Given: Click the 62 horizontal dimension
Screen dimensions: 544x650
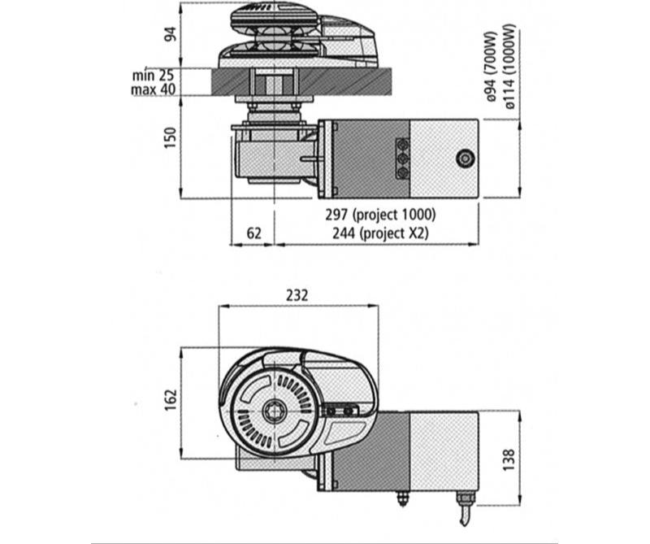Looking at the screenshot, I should click(x=253, y=233).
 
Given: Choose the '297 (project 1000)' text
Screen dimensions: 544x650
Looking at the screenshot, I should click(x=379, y=215).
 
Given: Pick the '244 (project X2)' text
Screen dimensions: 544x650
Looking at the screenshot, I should click(x=379, y=233).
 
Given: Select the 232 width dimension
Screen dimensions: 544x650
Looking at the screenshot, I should click(x=298, y=296).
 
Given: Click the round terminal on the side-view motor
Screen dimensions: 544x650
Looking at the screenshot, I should click(x=465, y=159).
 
